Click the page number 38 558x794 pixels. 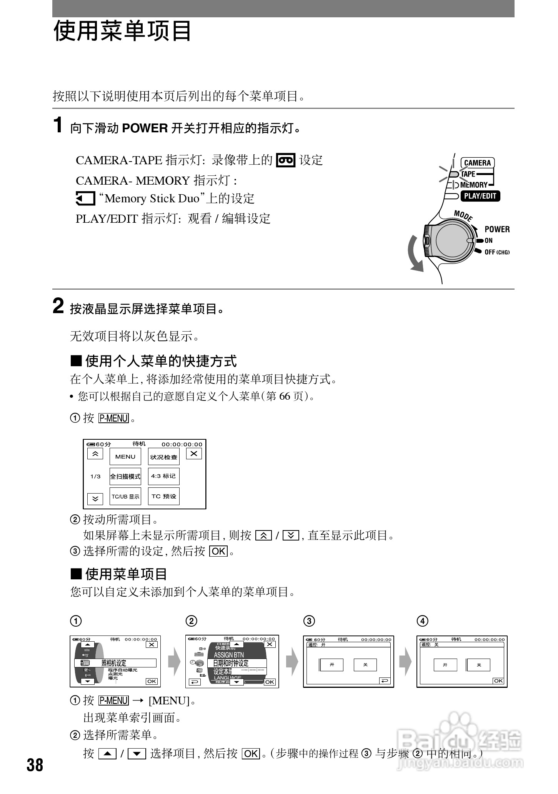(x=35, y=764)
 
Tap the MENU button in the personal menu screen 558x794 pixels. (x=125, y=457)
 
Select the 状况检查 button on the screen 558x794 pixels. (x=164, y=457)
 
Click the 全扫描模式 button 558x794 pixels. (x=125, y=476)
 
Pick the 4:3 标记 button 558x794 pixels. (x=163, y=476)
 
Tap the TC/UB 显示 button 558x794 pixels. (x=125, y=496)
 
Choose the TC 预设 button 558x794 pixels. (x=164, y=496)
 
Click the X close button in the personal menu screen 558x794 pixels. (x=194, y=454)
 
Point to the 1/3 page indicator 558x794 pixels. (x=95, y=476)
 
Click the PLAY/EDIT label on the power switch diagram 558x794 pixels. (x=480, y=196)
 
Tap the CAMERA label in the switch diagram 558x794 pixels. (x=477, y=163)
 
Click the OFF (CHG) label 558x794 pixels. (x=496, y=252)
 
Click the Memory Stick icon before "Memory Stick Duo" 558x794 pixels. (x=85, y=199)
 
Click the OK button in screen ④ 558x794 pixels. (x=498, y=681)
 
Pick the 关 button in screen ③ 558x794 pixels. (x=365, y=665)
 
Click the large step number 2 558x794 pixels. (x=58, y=307)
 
